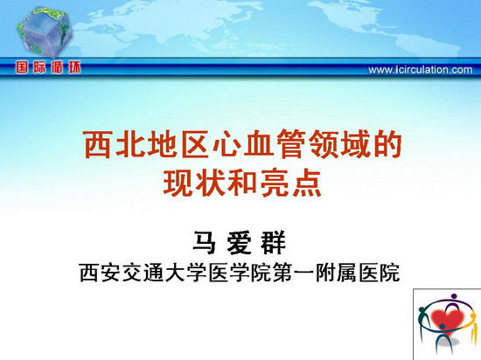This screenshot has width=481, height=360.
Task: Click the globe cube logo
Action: click(45, 32)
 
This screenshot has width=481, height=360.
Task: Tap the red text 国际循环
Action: click(48, 67)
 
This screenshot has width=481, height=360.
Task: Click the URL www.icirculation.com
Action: click(421, 70)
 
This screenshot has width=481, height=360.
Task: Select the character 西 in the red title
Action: click(97, 144)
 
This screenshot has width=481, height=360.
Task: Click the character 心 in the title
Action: click(227, 144)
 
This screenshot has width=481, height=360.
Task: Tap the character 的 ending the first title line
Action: click(388, 144)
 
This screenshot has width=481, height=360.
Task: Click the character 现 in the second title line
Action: click(178, 183)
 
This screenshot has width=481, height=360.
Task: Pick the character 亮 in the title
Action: click(275, 183)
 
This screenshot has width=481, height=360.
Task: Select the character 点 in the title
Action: click(307, 183)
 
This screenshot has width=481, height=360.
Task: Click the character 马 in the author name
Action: click(204, 242)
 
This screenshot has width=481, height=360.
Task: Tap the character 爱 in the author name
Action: click(239, 242)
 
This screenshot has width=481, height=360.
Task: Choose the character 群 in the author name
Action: click(274, 242)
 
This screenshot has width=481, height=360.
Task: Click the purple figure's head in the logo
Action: click(454, 296)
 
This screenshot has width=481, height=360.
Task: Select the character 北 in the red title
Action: click(129, 144)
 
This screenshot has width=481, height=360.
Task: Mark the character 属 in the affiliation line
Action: click(347, 272)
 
